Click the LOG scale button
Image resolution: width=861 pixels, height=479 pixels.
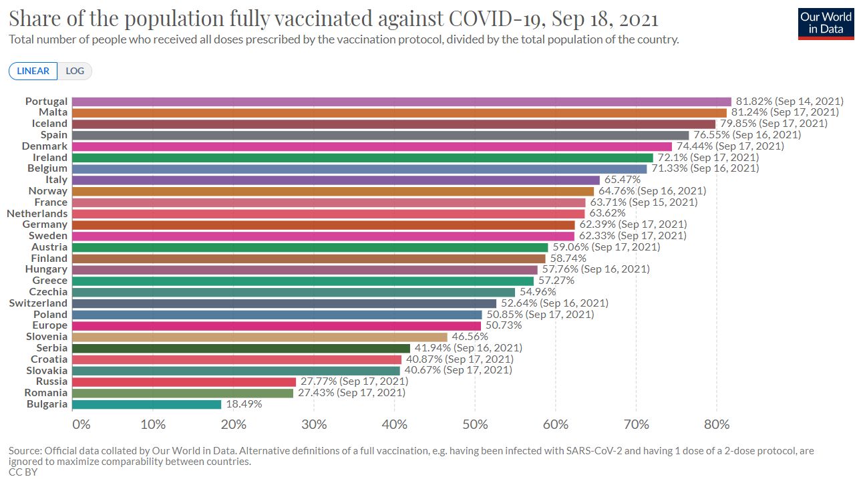tap(75, 71)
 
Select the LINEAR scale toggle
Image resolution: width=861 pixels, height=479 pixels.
tap(33, 71)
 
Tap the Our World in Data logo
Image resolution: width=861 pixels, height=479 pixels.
tap(826, 24)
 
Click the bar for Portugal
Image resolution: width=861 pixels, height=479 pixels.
tap(401, 102)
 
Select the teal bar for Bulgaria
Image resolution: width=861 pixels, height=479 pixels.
tap(146, 404)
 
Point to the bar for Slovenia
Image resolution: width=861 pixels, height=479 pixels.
tap(260, 337)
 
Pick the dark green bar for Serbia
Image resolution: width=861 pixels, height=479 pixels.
tap(241, 348)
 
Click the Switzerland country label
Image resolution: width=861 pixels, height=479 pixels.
tap(38, 303)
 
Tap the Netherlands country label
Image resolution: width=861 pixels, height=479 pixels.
tap(37, 214)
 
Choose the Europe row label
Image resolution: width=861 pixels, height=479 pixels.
tap(50, 325)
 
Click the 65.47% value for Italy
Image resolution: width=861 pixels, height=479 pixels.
tap(623, 180)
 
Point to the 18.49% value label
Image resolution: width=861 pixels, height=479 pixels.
tap(244, 404)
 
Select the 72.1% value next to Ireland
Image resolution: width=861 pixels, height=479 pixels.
tap(672, 157)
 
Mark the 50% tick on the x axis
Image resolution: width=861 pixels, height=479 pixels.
tap(475, 424)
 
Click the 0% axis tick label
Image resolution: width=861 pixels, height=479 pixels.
tap(81, 424)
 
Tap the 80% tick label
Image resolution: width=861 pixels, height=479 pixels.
tap(717, 424)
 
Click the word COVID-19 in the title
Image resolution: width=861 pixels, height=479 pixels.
tap(497, 19)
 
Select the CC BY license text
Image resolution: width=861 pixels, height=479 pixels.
tap(23, 472)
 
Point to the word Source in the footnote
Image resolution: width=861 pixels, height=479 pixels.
tap(25, 451)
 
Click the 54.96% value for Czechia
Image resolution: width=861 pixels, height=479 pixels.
tap(538, 292)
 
